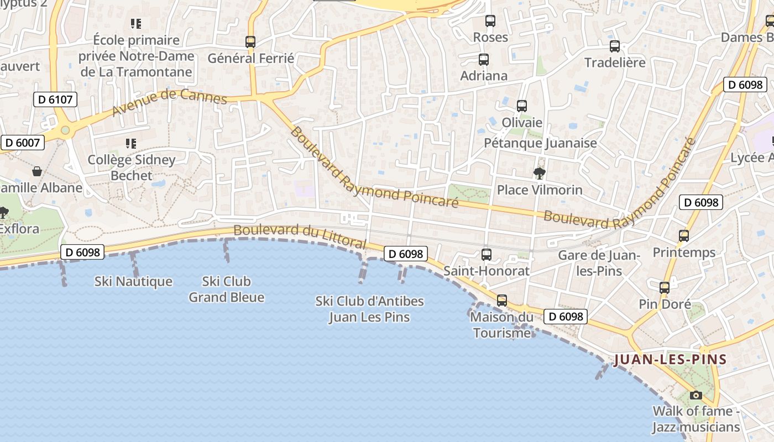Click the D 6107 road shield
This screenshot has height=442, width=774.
pyautogui.click(x=55, y=99)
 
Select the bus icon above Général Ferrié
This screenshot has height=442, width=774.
pyautogui.click(x=250, y=41)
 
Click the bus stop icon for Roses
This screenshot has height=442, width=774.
pyautogui.click(x=490, y=21)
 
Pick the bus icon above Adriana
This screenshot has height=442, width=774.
pyautogui.click(x=484, y=60)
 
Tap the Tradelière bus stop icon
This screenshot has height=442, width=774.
pyautogui.click(x=614, y=46)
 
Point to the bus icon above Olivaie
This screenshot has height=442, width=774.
pyautogui.click(x=521, y=106)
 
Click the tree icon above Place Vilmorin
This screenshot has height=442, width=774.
pyautogui.click(x=539, y=173)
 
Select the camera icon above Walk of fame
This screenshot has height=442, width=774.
pyautogui.click(x=695, y=395)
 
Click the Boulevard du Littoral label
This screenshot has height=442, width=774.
pyautogui.click(x=300, y=236)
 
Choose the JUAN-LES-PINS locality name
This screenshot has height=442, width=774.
pyautogui.click(x=670, y=360)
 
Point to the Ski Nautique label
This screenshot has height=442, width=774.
pyautogui.click(x=133, y=282)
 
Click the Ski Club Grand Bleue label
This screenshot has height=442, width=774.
pyautogui.click(x=226, y=290)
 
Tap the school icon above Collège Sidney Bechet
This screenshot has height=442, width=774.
pyautogui.click(x=131, y=144)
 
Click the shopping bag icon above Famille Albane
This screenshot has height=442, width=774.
pyautogui.click(x=36, y=171)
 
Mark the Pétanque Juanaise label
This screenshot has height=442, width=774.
pyautogui.click(x=540, y=143)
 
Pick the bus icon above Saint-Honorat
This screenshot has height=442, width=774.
pyautogui.click(x=487, y=255)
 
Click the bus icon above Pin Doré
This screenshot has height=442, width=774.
pyautogui.click(x=665, y=288)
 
